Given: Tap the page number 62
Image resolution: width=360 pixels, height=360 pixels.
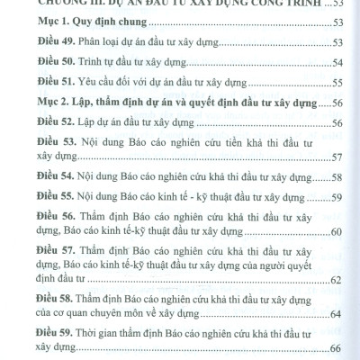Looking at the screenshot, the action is [337, 282].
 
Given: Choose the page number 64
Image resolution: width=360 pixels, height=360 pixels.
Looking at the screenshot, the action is [337, 314].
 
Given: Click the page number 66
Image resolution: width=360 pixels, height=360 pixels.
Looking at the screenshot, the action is [337, 347].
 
